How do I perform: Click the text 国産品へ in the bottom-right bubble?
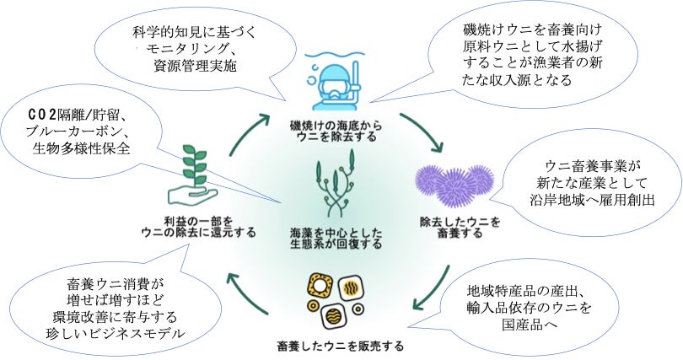(x=524, y=323)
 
